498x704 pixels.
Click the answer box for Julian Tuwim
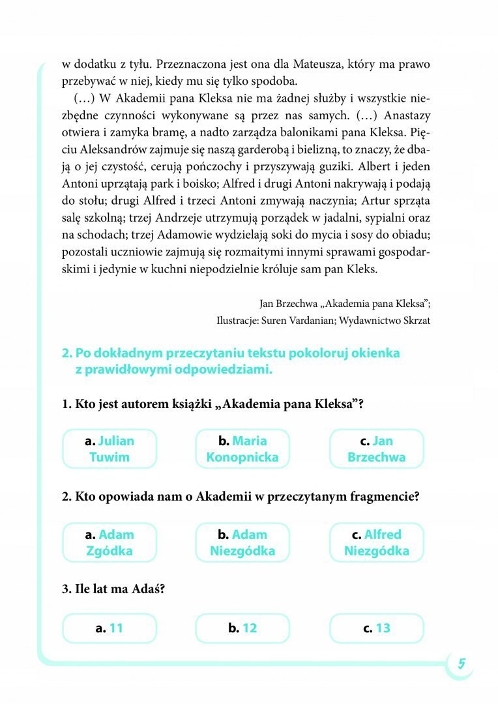[110, 448]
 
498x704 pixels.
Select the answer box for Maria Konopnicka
[242, 448]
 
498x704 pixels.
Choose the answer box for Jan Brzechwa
[376, 448]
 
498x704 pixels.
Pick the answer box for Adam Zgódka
[110, 542]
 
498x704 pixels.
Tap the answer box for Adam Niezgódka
[242, 542]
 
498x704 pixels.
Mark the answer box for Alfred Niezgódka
[376, 542]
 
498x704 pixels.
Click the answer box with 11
[110, 628]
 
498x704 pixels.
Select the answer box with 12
[242, 628]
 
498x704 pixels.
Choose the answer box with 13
[376, 628]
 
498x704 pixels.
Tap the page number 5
[461, 664]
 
